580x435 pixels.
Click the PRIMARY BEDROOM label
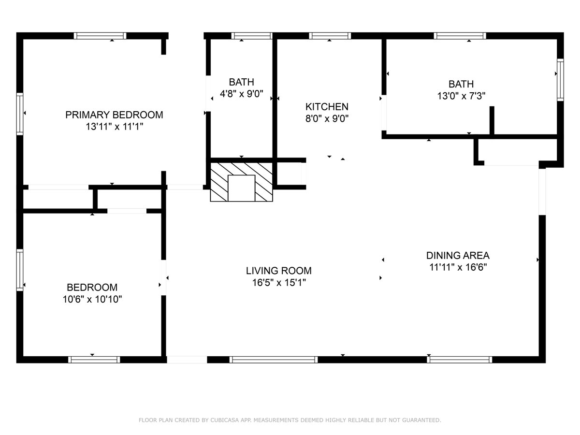tap(114, 115)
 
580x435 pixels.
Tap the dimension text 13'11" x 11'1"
tap(114, 127)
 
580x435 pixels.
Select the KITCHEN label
tap(327, 107)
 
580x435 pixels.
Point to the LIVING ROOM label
tap(279, 271)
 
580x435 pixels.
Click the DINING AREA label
tap(458, 255)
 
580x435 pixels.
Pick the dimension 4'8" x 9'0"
tap(242, 94)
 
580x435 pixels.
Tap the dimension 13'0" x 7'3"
tap(461, 96)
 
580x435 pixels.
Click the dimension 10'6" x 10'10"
tap(92, 299)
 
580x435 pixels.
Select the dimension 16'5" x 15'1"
tap(279, 283)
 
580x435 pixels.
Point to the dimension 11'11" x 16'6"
tap(458, 267)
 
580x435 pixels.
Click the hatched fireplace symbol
tap(241, 182)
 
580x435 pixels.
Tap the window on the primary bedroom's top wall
tap(100, 36)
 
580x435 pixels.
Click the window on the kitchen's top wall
tap(330, 36)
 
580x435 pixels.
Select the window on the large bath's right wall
tap(560, 80)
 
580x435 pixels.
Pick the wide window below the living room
tap(274, 360)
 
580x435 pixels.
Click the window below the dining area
tap(460, 360)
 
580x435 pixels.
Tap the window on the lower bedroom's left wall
tap(20, 270)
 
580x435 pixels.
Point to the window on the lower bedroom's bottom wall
tap(94, 360)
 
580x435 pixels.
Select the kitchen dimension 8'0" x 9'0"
tap(327, 118)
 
